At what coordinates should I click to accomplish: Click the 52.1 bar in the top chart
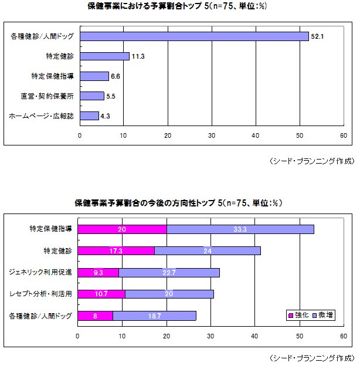pos(193,36)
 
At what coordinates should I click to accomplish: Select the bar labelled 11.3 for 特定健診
pos(104,56)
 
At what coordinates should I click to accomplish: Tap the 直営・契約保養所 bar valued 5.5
pos(91,96)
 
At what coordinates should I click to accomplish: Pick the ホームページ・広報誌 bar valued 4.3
pos(89,116)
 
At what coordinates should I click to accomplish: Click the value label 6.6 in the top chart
pos(116,76)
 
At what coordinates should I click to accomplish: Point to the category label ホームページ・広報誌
pos(42,116)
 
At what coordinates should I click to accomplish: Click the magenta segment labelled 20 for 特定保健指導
pos(122,229)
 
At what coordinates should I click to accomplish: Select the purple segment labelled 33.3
pos(240,229)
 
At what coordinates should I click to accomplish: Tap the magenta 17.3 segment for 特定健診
pos(116,250)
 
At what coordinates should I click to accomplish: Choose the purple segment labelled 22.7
pos(169,272)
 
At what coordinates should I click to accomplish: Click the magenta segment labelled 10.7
pos(101,294)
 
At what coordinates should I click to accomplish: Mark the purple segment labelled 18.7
pos(154,316)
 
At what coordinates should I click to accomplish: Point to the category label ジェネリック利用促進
pos(40,272)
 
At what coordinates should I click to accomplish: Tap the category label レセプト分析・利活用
pos(40,294)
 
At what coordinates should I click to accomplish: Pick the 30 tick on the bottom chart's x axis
pos(210,337)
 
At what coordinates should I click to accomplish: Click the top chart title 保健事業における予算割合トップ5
pos(179,8)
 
